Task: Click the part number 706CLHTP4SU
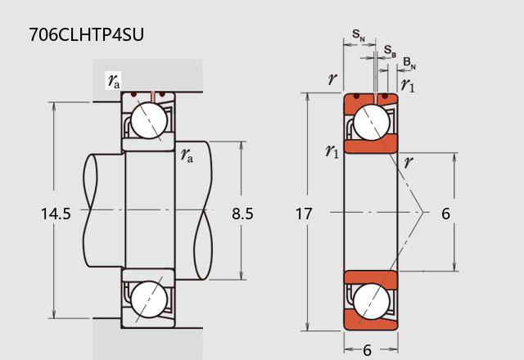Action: (86, 34)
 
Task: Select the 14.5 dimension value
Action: (56, 214)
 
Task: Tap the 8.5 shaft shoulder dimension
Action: (242, 214)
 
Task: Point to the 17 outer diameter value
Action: (304, 214)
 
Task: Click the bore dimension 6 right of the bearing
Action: (445, 214)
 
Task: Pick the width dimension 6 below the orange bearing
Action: (367, 350)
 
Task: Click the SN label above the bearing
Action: (359, 35)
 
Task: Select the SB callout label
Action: (390, 51)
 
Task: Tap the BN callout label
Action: (409, 63)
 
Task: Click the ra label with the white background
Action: (114, 81)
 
